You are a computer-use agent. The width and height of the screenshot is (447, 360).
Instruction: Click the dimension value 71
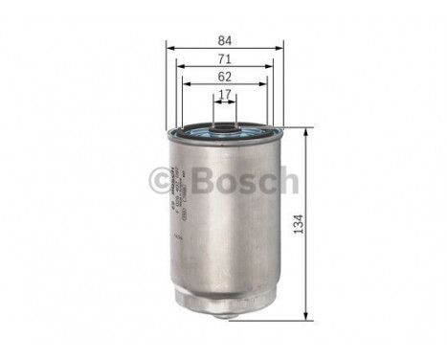tap(223, 58)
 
